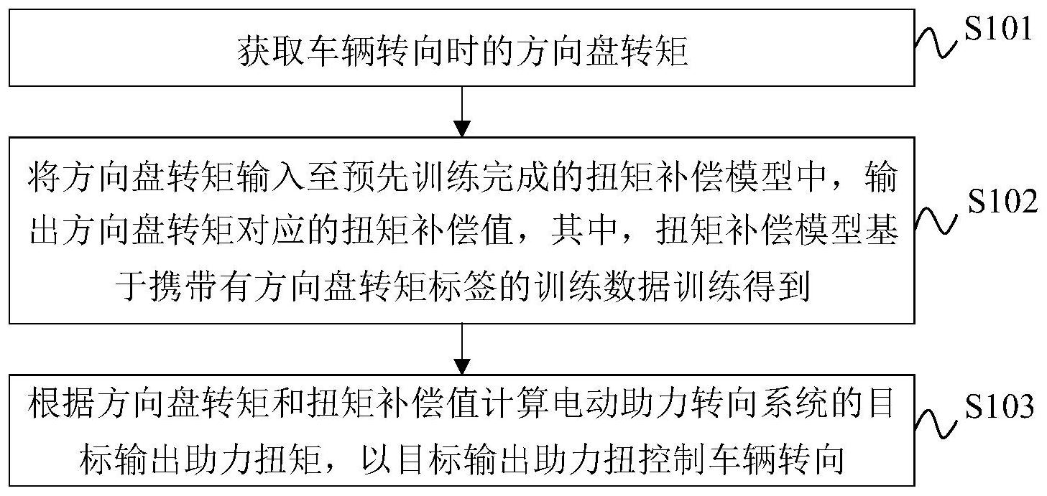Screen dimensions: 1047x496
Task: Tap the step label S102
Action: (x=1002, y=202)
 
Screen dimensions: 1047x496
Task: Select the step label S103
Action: (x=1000, y=406)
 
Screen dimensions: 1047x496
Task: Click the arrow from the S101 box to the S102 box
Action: (x=462, y=112)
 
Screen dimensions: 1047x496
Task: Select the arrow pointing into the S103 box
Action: (x=462, y=349)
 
